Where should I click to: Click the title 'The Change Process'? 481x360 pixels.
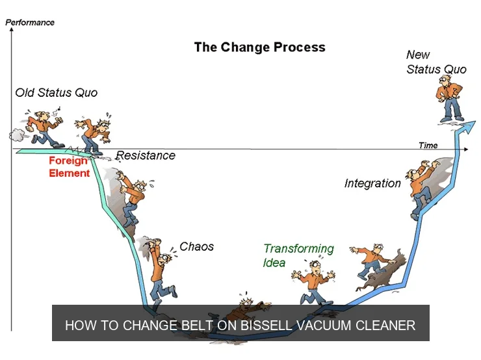259,47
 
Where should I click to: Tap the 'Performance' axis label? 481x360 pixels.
30,22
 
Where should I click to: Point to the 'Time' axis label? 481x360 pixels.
428,145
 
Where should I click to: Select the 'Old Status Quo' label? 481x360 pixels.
56,92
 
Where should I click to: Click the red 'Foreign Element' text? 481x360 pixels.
69,167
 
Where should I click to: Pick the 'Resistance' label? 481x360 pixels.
146,155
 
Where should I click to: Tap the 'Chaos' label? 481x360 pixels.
196,246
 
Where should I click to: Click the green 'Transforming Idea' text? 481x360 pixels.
298,255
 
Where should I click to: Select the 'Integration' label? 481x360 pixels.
372,183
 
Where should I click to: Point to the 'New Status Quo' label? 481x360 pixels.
436,62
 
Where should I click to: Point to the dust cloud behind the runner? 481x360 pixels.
16,135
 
